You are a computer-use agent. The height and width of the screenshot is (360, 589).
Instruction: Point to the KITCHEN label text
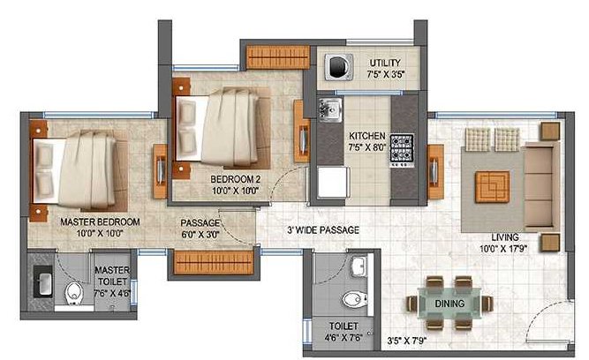point(366,136)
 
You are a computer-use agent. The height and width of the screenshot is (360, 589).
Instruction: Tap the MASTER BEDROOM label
point(98,221)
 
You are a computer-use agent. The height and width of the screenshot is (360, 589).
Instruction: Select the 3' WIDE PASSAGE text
point(322,230)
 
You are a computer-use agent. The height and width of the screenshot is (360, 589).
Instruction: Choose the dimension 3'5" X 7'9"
point(407,339)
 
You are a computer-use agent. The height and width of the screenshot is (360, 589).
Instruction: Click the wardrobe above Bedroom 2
point(276,56)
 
